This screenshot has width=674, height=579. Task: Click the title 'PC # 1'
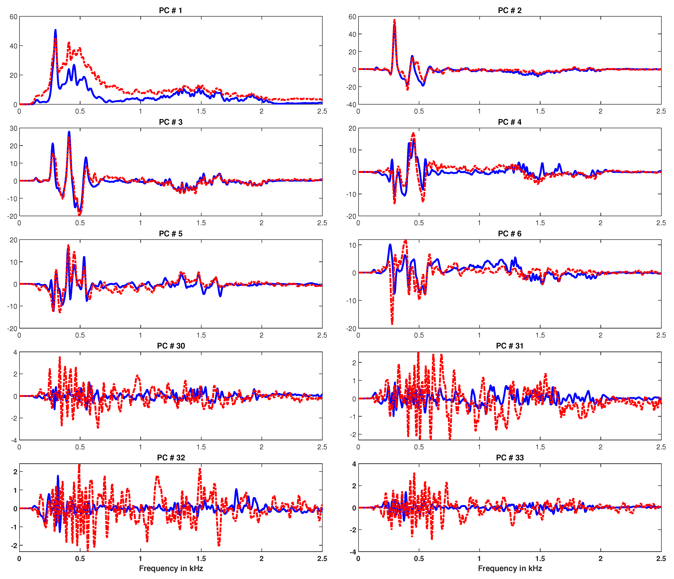point(170,10)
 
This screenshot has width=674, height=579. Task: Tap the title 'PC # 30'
point(171,346)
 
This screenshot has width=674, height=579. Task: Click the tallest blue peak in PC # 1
point(55,30)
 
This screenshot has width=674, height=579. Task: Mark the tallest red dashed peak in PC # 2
point(394,20)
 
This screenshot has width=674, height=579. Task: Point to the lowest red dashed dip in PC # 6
point(392,324)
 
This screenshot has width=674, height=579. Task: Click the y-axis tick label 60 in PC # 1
point(13,17)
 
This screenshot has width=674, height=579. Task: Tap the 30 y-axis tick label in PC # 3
point(13,128)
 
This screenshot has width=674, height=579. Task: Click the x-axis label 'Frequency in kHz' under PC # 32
point(171,568)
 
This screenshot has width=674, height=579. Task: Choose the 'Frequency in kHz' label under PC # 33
point(510,568)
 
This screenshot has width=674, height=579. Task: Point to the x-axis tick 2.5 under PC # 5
point(322,335)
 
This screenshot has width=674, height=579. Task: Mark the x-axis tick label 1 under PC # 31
point(479,447)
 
